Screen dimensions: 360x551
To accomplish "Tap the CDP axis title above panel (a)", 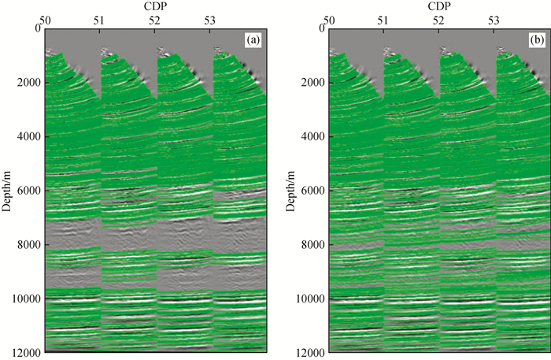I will [156, 6].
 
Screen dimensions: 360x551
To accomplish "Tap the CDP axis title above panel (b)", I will [438, 6].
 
